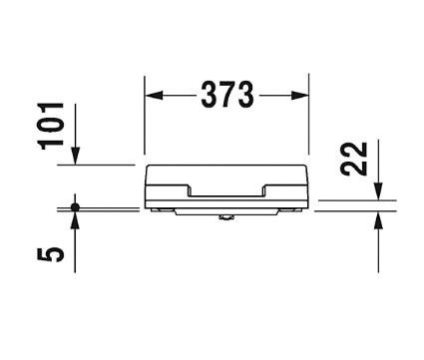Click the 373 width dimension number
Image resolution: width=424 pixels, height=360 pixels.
(x=226, y=95)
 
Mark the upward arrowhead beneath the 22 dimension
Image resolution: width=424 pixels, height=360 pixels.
(x=378, y=218)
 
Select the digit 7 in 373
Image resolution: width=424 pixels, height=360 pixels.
(x=226, y=95)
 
